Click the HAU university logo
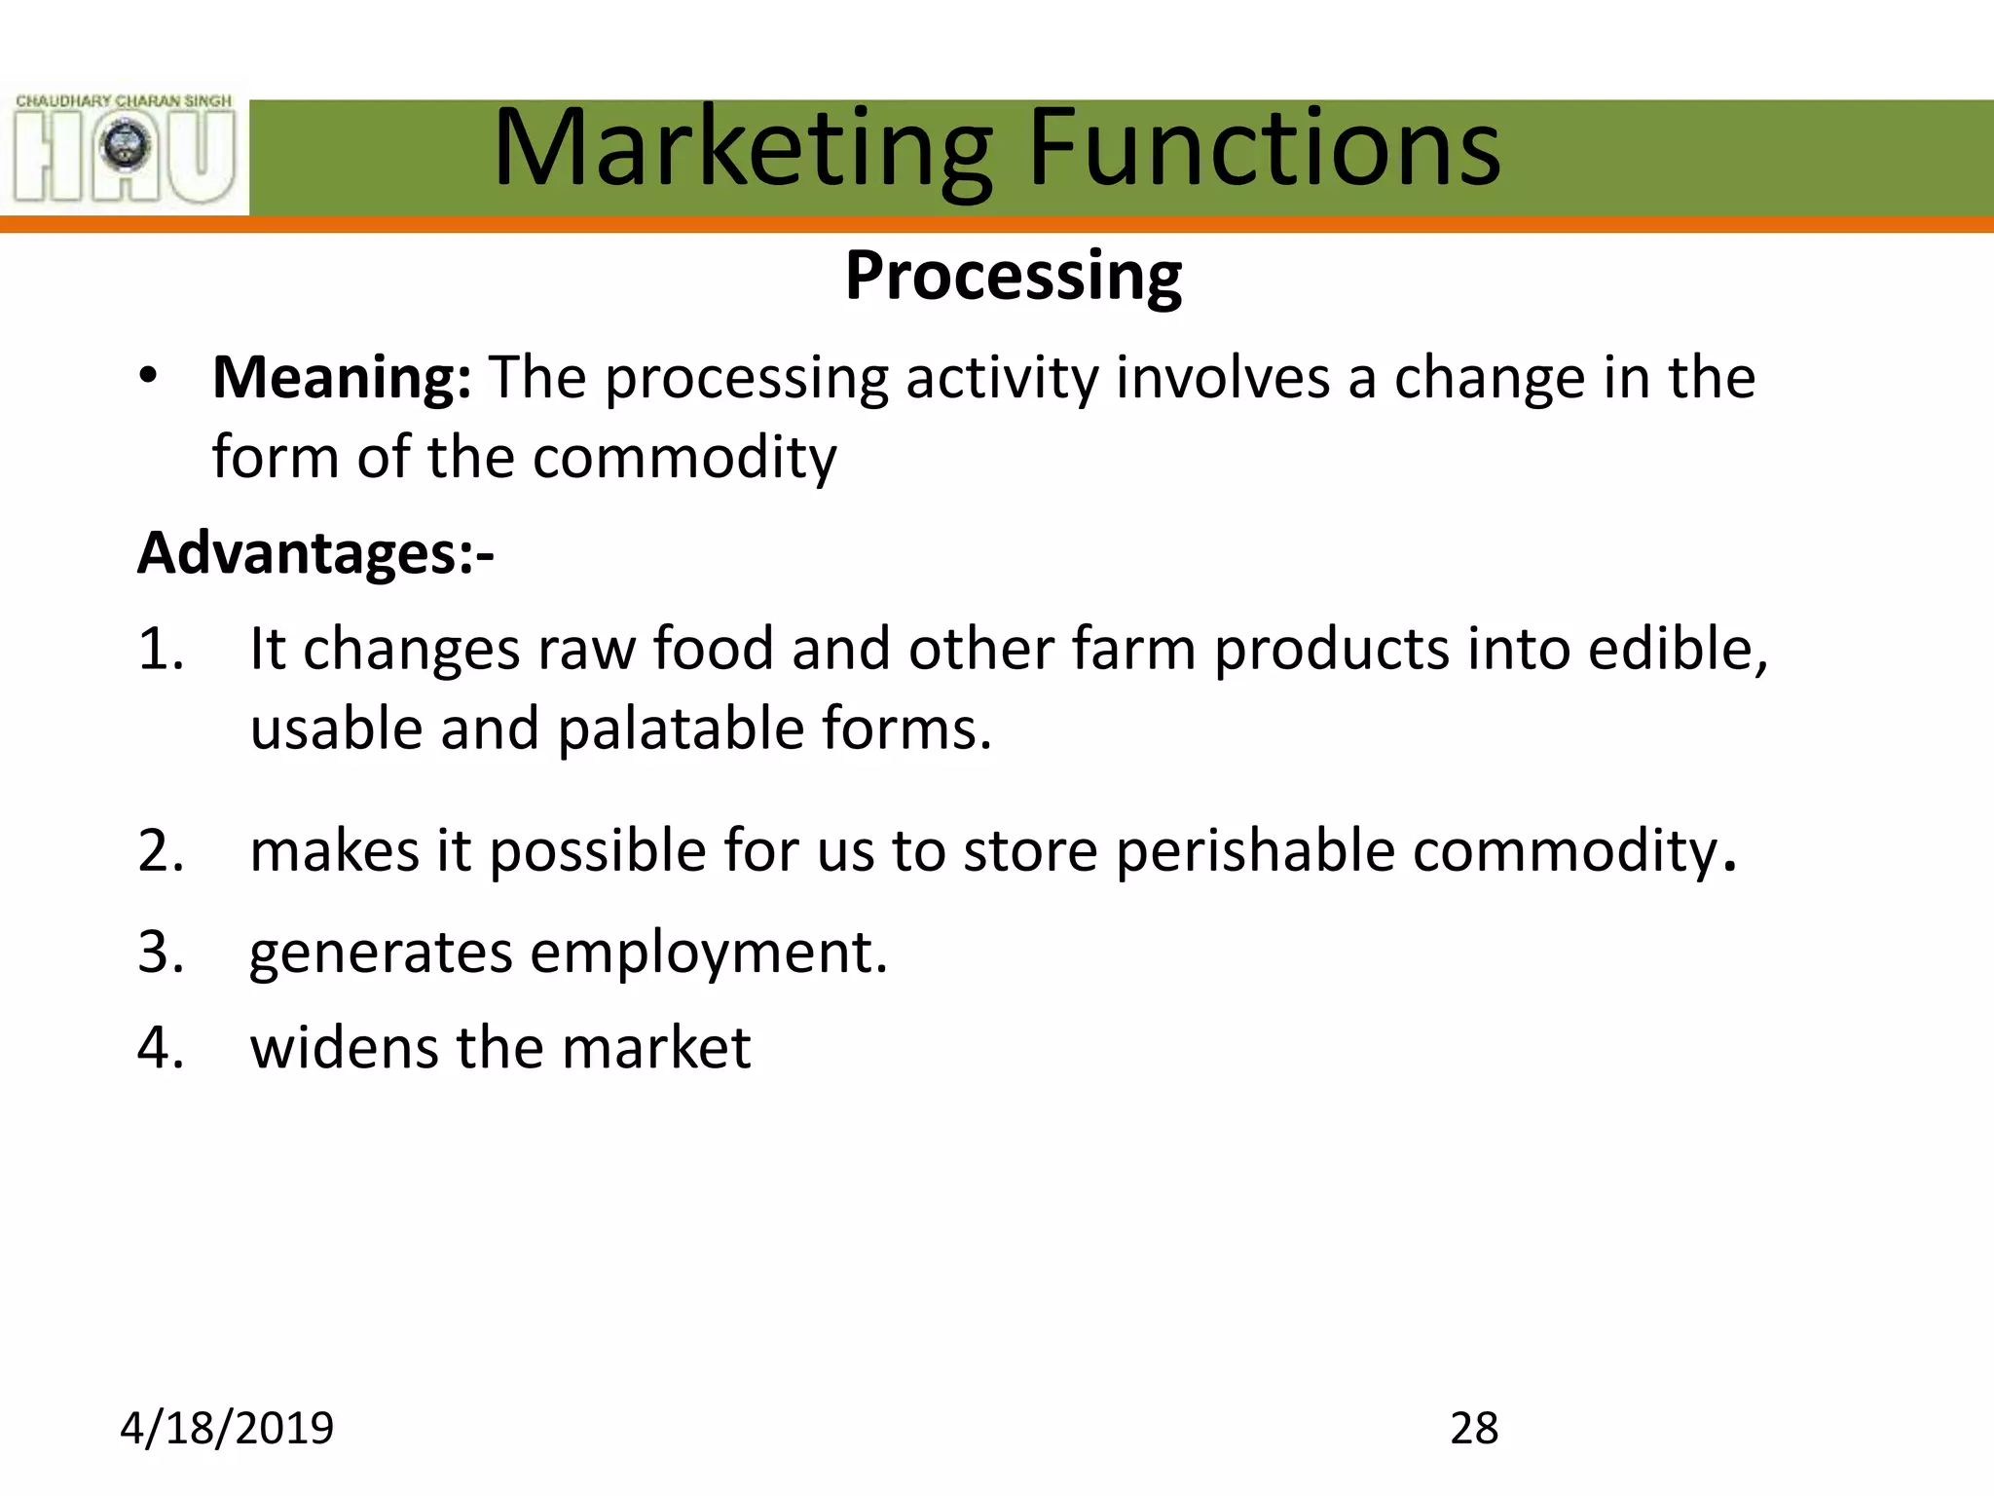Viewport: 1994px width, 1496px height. tap(125, 149)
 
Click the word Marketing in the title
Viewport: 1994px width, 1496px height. tap(743, 148)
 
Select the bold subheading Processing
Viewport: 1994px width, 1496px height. tap(1013, 276)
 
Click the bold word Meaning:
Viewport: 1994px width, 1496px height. tap(342, 378)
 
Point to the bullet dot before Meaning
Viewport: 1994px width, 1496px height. tap(147, 377)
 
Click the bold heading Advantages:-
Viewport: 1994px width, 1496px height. tap(315, 553)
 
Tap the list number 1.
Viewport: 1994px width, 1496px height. tap(161, 649)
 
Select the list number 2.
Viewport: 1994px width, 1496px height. tap(161, 851)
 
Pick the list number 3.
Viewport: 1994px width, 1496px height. tap(161, 952)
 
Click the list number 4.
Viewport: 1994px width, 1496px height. tap(161, 1048)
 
